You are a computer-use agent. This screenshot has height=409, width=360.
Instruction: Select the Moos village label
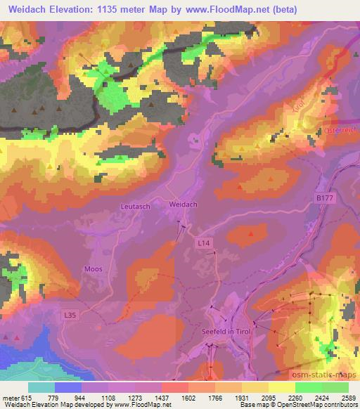tap(93, 269)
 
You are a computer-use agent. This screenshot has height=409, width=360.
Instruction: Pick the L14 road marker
tap(203, 242)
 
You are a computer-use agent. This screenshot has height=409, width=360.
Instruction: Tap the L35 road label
tap(70, 316)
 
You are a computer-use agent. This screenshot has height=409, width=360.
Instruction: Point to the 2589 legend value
tap(347, 397)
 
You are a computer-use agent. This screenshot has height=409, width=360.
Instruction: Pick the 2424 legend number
tap(321, 397)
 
